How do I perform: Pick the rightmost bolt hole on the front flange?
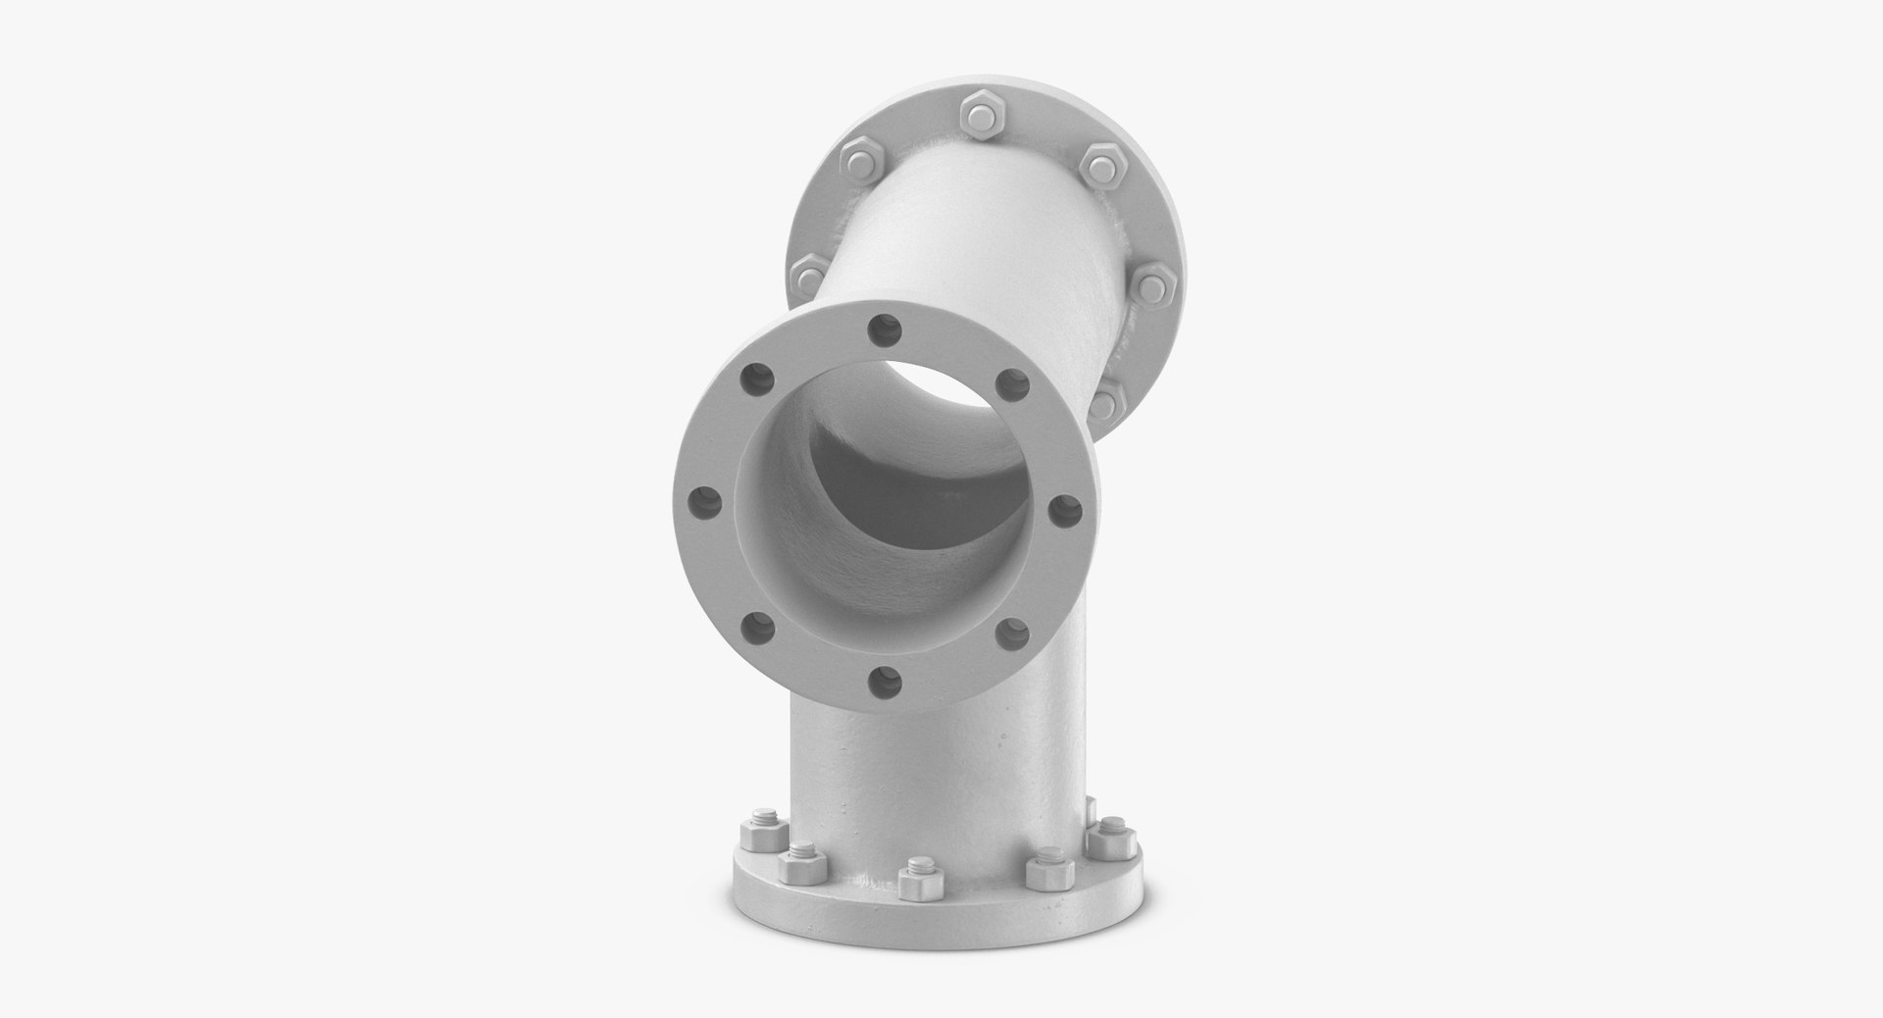[1063, 510]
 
